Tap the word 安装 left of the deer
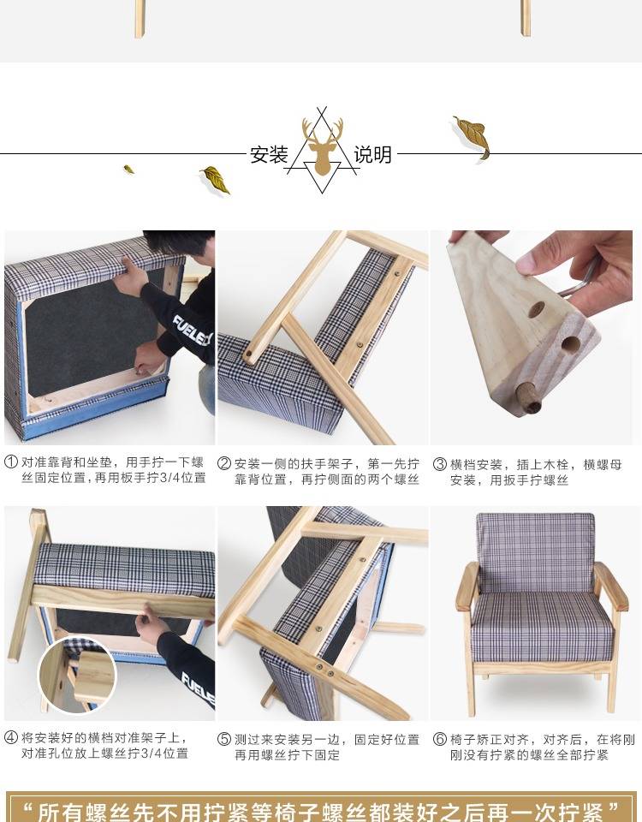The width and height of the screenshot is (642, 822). (x=269, y=155)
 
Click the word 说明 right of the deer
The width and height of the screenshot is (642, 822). (x=372, y=155)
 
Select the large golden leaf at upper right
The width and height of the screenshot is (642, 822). (x=473, y=137)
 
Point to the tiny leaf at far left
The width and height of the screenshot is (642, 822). (x=128, y=170)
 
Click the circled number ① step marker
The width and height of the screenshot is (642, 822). (x=11, y=462)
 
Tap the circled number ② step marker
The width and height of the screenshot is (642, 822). (x=224, y=464)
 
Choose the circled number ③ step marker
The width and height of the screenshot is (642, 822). (x=440, y=464)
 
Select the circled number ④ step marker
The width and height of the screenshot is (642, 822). (x=11, y=737)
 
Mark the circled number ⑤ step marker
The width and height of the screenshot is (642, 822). (x=224, y=739)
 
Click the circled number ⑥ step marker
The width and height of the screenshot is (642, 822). (x=440, y=739)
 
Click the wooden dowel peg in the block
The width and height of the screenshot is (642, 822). (x=528, y=397)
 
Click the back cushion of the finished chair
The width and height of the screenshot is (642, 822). (x=536, y=552)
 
